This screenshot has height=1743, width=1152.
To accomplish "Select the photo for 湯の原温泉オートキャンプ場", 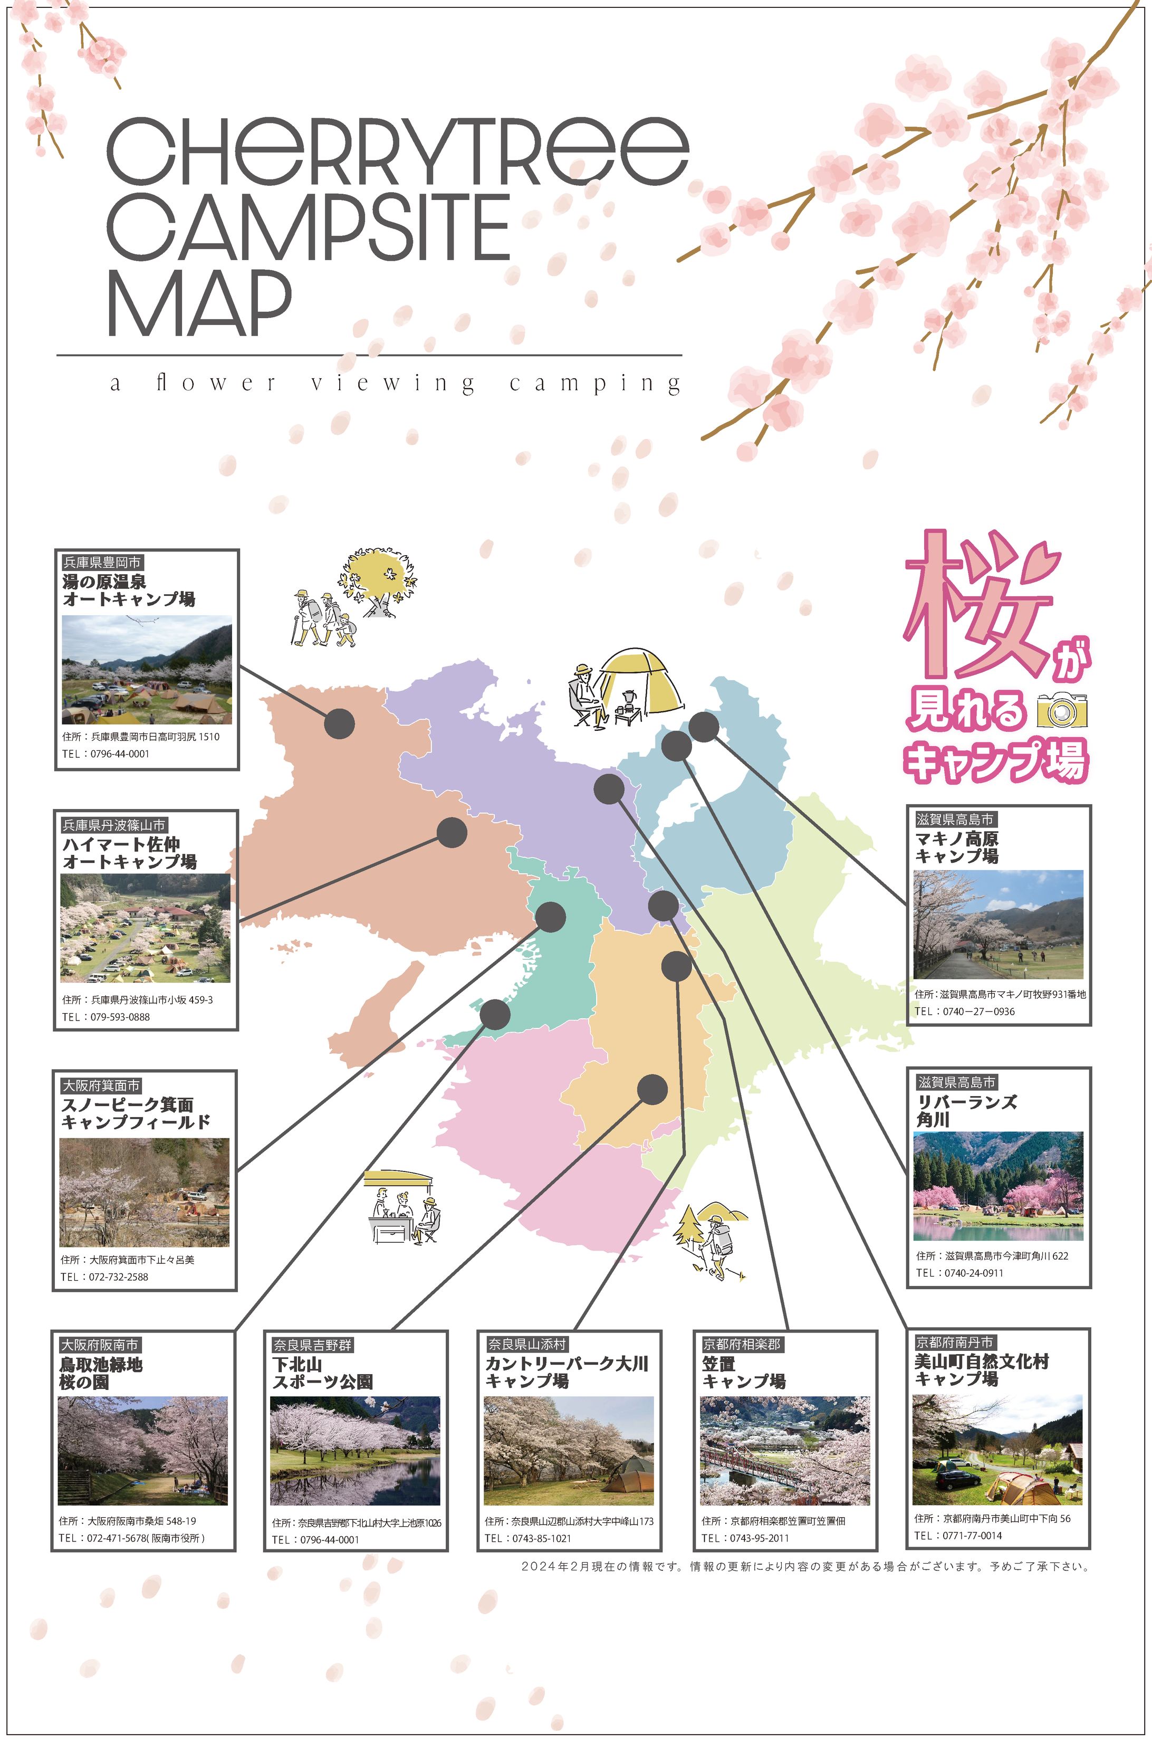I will tap(147, 670).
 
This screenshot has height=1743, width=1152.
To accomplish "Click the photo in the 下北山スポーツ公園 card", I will tap(355, 1451).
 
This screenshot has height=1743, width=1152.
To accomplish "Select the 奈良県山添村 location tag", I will tap(527, 1344).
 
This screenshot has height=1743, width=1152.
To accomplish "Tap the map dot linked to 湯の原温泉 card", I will tap(340, 724).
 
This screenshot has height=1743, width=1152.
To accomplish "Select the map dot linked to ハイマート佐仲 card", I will tap(452, 833).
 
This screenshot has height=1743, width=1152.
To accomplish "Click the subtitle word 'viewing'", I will tap(392, 384).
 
